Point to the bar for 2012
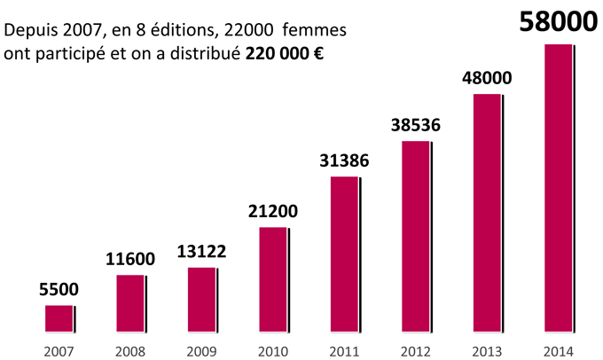tap(415, 238)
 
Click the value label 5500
tap(59, 289)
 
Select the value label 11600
tap(130, 259)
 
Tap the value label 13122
tap(202, 252)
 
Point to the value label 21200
tap(273, 212)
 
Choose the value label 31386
tap(344, 161)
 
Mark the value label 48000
tap(487, 78)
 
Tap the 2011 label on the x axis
tap(344, 350)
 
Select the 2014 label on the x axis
tap(558, 350)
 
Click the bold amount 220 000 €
tap(284, 53)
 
